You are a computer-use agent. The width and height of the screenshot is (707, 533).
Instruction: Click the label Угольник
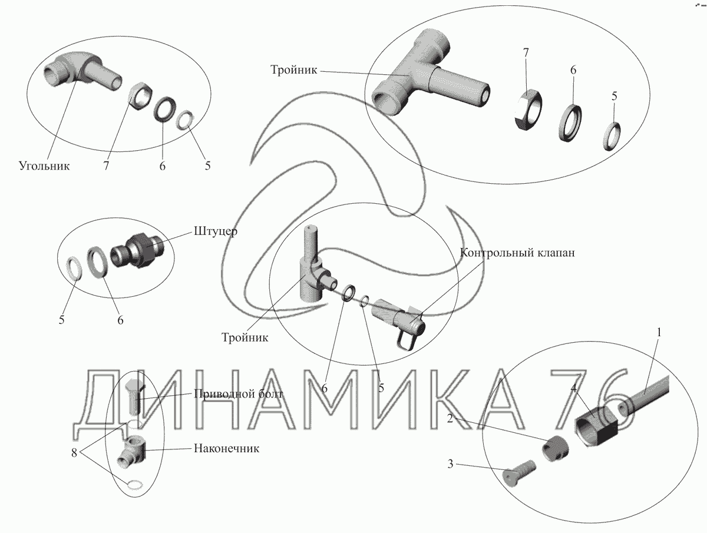pos(44,165)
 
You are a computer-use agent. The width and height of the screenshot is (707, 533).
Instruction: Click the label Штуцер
pos(216,231)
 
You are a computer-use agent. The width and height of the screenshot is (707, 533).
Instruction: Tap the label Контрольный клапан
pos(517,253)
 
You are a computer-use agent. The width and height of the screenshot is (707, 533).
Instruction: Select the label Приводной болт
pos(239,394)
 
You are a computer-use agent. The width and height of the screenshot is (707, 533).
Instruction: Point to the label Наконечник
pos(226,448)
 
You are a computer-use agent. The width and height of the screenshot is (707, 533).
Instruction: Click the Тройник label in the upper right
pos(294,70)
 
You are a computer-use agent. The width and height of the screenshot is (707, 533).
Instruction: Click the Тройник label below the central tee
pos(245,337)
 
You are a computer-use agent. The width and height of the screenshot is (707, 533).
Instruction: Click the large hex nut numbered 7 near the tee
pos(527,110)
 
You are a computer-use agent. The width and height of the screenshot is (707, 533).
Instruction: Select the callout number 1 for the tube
pos(659,333)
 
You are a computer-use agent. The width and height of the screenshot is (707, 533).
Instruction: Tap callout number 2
pos(450,419)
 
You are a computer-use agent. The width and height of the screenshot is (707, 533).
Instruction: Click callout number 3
pos(450,464)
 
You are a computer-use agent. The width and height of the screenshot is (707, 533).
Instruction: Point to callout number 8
pos(74,453)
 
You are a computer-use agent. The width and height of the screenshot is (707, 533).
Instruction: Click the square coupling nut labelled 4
pos(596,425)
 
